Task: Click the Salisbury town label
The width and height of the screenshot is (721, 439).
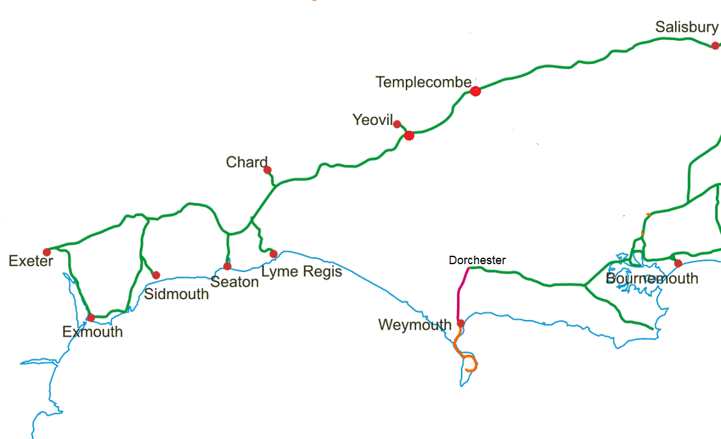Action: pos(687,27)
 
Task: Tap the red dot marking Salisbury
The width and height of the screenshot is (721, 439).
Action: pos(715,45)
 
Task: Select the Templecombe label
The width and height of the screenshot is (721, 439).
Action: pos(423,82)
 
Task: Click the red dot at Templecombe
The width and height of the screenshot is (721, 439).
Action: pos(475,91)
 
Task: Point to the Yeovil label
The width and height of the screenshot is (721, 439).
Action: pos(373,120)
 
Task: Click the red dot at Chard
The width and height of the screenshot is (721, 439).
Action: pos(267,170)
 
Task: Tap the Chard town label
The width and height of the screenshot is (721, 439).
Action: pos(247,162)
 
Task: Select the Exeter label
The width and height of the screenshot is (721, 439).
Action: pos(30,261)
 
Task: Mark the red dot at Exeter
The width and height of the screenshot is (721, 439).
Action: pos(47,252)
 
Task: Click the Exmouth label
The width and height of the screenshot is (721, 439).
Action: pos(92,332)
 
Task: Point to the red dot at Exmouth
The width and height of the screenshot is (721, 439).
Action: pos(91,317)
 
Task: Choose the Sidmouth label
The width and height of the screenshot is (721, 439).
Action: pos(176,294)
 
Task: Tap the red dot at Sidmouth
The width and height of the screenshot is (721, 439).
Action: pos(156,275)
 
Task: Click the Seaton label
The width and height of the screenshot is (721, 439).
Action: pos(235,282)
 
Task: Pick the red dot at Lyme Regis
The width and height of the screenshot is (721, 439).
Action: pos(274,254)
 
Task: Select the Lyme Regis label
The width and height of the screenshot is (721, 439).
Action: pos(301,271)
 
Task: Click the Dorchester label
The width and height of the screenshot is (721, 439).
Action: pos(477,260)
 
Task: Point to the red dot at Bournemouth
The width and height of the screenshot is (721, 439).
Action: pos(678,263)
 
